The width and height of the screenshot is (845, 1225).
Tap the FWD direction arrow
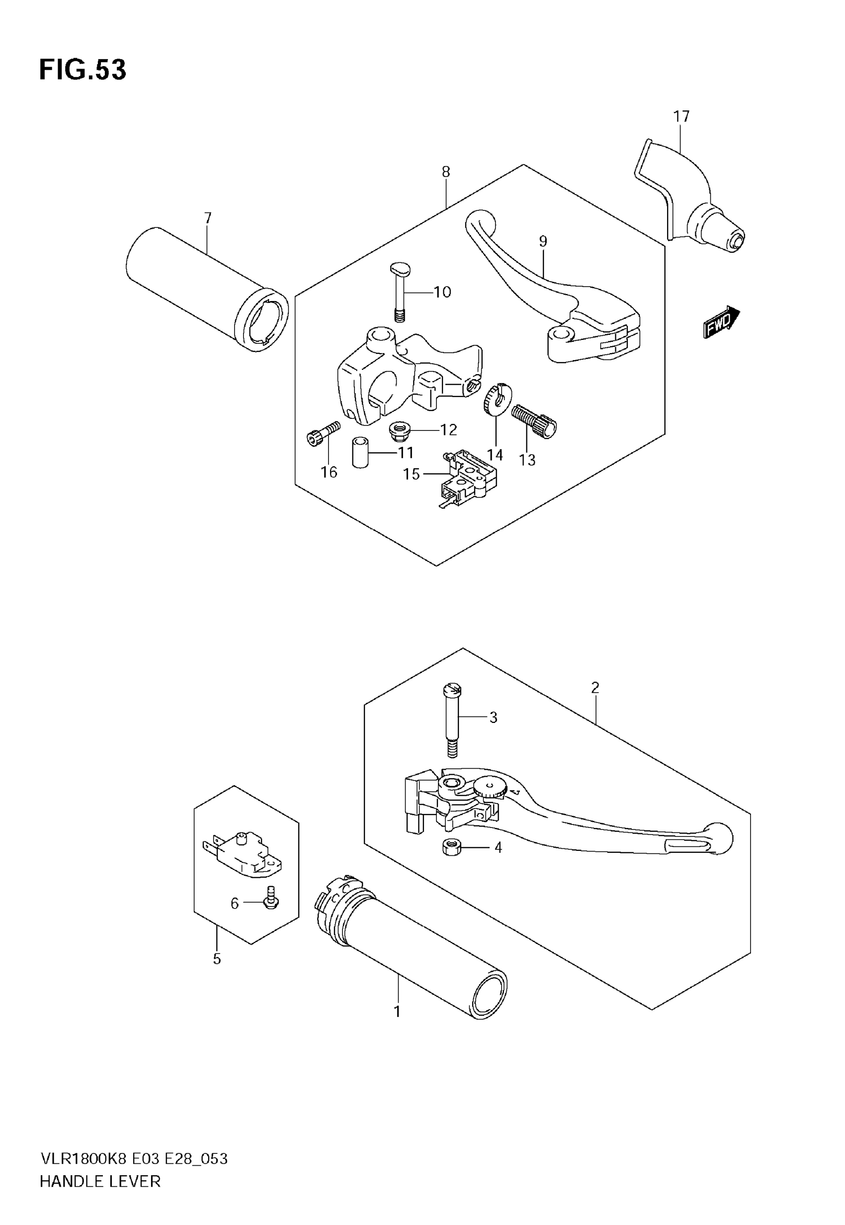(x=721, y=321)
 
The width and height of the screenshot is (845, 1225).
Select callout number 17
(x=681, y=116)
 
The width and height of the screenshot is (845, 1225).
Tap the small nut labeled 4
(x=450, y=847)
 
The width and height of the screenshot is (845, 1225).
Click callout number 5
(x=217, y=958)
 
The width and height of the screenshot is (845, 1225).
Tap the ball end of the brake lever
(x=719, y=838)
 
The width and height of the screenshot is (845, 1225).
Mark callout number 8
(x=446, y=172)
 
